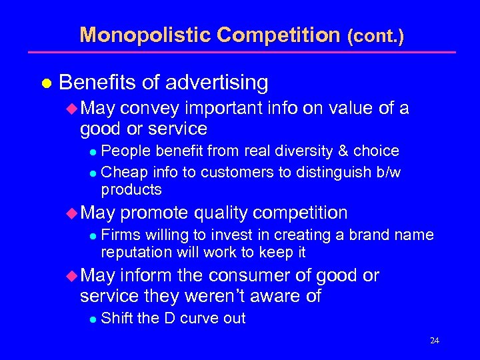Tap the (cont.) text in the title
tap(375, 36)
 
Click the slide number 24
tap(434, 341)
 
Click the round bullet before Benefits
tap(46, 83)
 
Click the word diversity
tap(289, 151)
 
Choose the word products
tap(131, 189)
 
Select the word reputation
tap(136, 253)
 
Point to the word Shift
tap(117, 319)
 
